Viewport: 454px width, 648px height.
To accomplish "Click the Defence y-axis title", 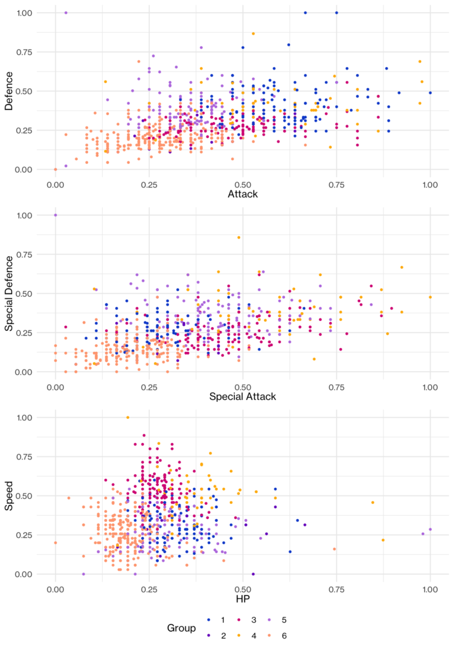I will (9, 91).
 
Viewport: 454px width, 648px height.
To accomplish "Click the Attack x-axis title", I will (243, 194).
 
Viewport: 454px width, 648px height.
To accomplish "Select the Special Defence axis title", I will (9, 293).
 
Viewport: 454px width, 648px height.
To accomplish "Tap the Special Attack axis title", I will (243, 397).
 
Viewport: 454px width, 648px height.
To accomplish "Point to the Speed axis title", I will (9, 495).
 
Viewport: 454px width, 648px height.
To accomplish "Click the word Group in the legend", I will (182, 628).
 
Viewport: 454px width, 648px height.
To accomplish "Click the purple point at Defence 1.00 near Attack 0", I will (66, 13).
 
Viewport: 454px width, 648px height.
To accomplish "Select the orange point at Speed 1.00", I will (128, 418).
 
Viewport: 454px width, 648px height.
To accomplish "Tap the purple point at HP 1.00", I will (430, 529).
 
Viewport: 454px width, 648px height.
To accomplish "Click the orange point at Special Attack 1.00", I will (430, 297).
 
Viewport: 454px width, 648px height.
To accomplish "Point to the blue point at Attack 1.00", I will (430, 93).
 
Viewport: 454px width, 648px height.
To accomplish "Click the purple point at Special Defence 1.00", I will (56, 215).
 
